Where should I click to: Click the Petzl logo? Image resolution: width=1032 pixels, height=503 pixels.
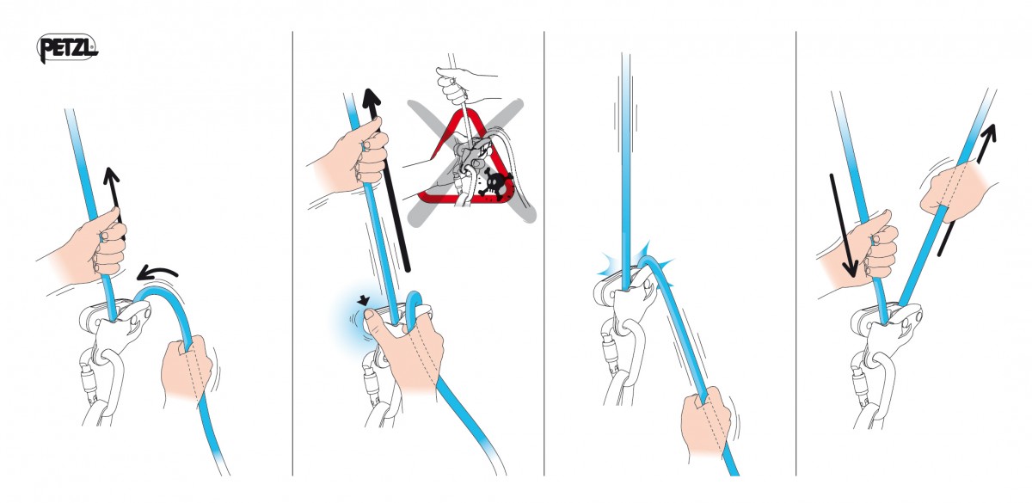(67, 48)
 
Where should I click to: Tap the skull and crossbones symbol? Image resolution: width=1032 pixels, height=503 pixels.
(494, 182)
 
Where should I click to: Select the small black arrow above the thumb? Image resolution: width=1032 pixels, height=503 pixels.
(364, 300)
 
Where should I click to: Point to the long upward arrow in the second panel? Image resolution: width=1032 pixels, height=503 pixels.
(386, 180)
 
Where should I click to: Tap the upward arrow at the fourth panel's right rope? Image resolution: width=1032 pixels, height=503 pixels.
(967, 189)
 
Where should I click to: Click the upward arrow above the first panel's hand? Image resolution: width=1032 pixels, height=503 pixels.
(115, 204)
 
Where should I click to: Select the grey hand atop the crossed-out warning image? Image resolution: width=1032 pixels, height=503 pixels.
(456, 85)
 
